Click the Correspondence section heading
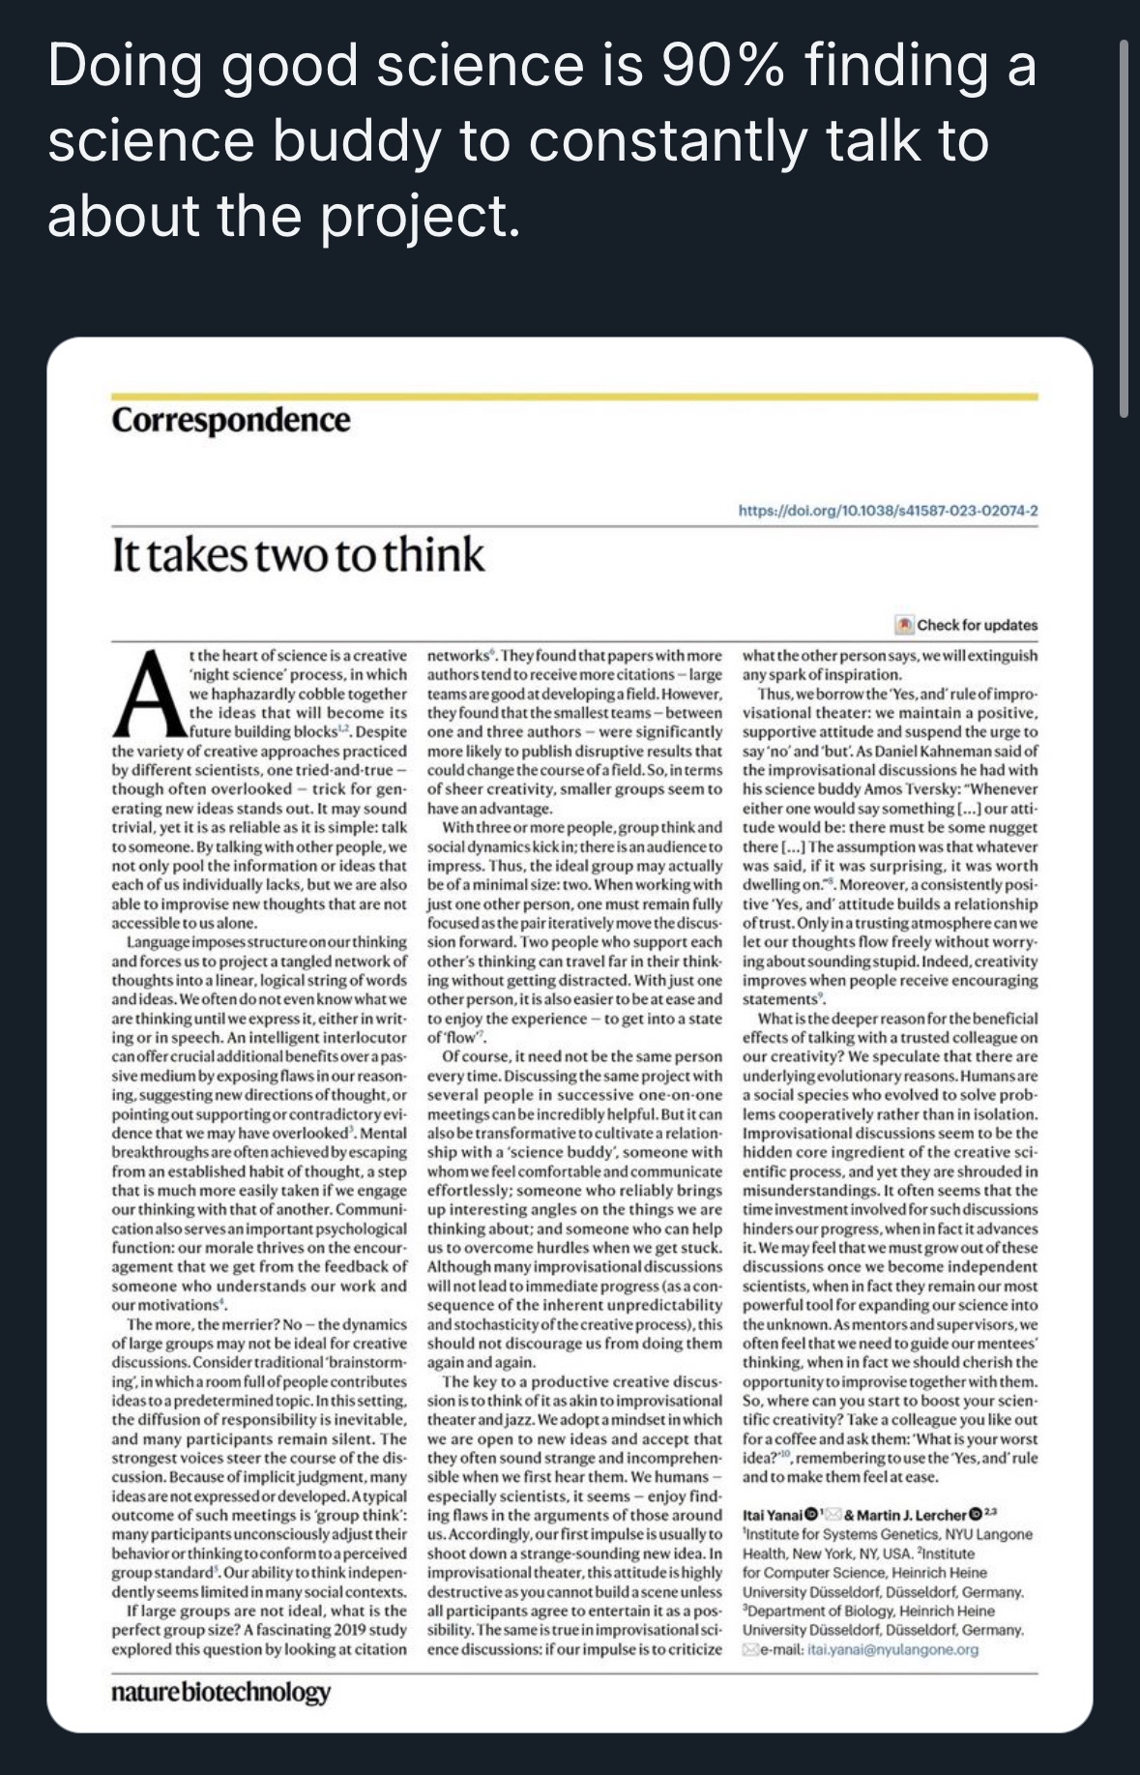point(230,421)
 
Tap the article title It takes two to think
point(298,555)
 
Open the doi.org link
point(888,511)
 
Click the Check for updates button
point(977,625)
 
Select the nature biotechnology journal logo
point(220,1692)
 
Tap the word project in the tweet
point(419,216)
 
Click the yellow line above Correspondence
point(574,397)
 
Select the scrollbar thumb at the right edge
point(1123,227)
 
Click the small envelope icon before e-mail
point(749,1649)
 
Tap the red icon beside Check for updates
point(904,625)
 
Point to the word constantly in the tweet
point(670,141)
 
